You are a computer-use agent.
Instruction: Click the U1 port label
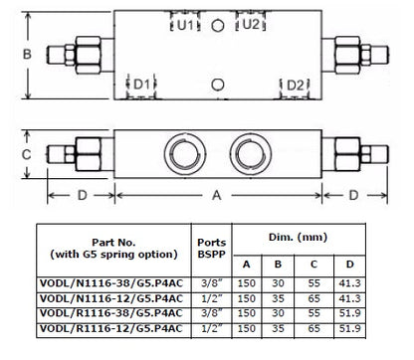[x=185, y=25]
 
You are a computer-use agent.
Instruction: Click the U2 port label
[x=251, y=24]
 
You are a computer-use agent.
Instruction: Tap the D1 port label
[x=141, y=85]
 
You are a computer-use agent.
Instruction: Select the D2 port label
[x=295, y=86]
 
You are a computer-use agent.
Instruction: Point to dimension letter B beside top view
[x=27, y=54]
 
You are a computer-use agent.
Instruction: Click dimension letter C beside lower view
[x=26, y=154]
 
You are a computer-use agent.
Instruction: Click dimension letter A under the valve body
[x=217, y=195]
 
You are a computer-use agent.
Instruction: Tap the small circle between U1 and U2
[x=218, y=26]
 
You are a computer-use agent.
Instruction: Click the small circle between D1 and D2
[x=218, y=85]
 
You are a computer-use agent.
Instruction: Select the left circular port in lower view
[x=185, y=154]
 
